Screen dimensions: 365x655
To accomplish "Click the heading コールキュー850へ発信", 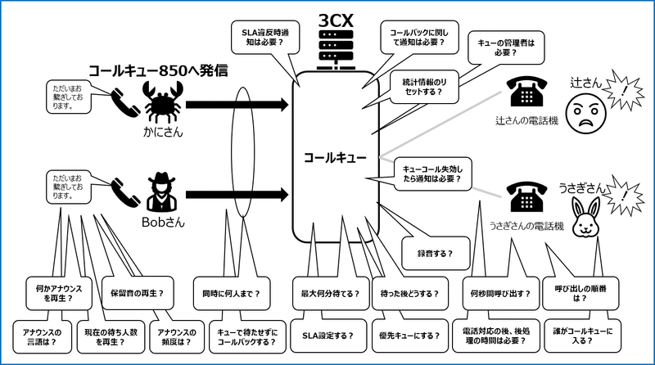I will [x=156, y=71].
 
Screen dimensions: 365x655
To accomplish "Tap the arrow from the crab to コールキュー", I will [x=237, y=104].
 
